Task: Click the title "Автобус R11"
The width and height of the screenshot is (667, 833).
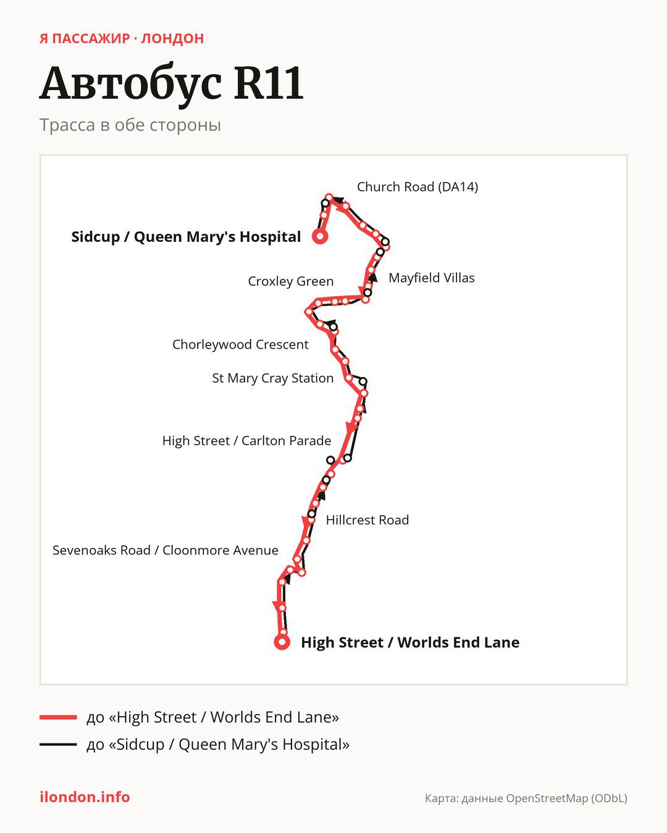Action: click(171, 84)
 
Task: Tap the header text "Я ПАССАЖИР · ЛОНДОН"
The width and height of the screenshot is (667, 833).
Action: click(122, 39)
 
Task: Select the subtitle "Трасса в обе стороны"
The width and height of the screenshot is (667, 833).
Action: click(130, 125)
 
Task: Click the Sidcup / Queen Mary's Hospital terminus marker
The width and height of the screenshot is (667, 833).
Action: click(320, 236)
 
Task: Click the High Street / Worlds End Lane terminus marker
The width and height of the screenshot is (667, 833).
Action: click(282, 642)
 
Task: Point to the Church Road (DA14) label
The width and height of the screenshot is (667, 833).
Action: click(417, 187)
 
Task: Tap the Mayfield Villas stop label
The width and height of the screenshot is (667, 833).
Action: click(431, 278)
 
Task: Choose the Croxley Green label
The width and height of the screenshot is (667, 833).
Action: click(291, 281)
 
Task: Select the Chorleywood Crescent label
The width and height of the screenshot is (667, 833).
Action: click(240, 344)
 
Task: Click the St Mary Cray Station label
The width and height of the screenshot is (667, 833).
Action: click(273, 378)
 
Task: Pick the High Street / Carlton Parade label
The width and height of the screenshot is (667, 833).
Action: click(246, 441)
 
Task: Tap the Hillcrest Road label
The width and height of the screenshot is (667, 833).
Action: click(367, 520)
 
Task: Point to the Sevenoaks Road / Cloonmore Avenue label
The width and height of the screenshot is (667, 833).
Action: click(166, 550)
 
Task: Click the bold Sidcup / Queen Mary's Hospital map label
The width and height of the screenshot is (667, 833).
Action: click(186, 237)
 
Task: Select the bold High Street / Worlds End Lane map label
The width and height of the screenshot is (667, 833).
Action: click(410, 642)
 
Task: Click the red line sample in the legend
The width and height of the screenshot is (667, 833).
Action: click(58, 717)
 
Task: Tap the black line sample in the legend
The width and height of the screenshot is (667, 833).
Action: click(58, 744)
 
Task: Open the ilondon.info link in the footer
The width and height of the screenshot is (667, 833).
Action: click(85, 797)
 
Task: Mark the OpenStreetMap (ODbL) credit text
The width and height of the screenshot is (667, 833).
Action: click(526, 798)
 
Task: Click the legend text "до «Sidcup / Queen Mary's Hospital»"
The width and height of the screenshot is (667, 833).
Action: click(218, 744)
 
